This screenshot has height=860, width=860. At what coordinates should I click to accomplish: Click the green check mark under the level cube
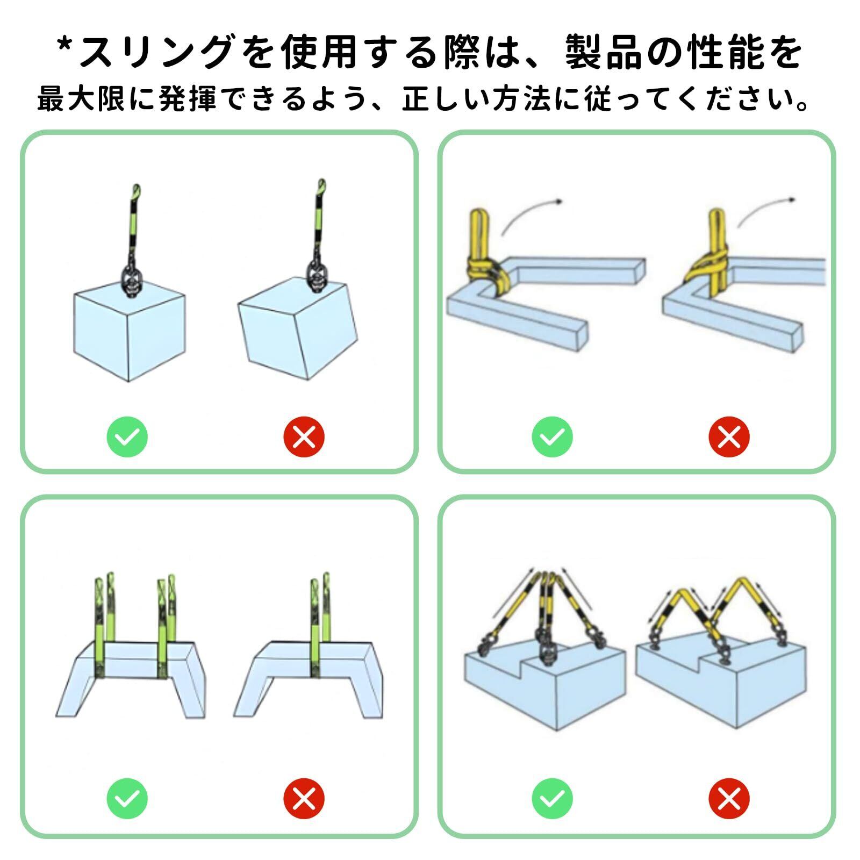click(x=127, y=436)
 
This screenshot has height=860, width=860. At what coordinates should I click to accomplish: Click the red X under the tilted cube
click(x=304, y=436)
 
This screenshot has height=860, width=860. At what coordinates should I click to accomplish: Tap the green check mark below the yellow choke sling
click(x=553, y=436)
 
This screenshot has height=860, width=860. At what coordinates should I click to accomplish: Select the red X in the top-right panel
click(x=729, y=436)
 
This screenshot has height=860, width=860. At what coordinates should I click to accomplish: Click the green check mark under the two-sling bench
click(x=127, y=798)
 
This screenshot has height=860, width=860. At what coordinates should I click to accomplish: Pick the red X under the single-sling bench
click(x=304, y=798)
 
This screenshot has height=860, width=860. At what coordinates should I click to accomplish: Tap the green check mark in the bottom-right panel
click(x=553, y=798)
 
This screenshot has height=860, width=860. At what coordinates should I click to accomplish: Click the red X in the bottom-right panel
click(x=729, y=798)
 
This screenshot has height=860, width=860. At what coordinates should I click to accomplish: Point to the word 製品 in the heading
click(x=603, y=52)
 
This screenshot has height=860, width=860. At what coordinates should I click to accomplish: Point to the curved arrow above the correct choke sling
click(x=532, y=215)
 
